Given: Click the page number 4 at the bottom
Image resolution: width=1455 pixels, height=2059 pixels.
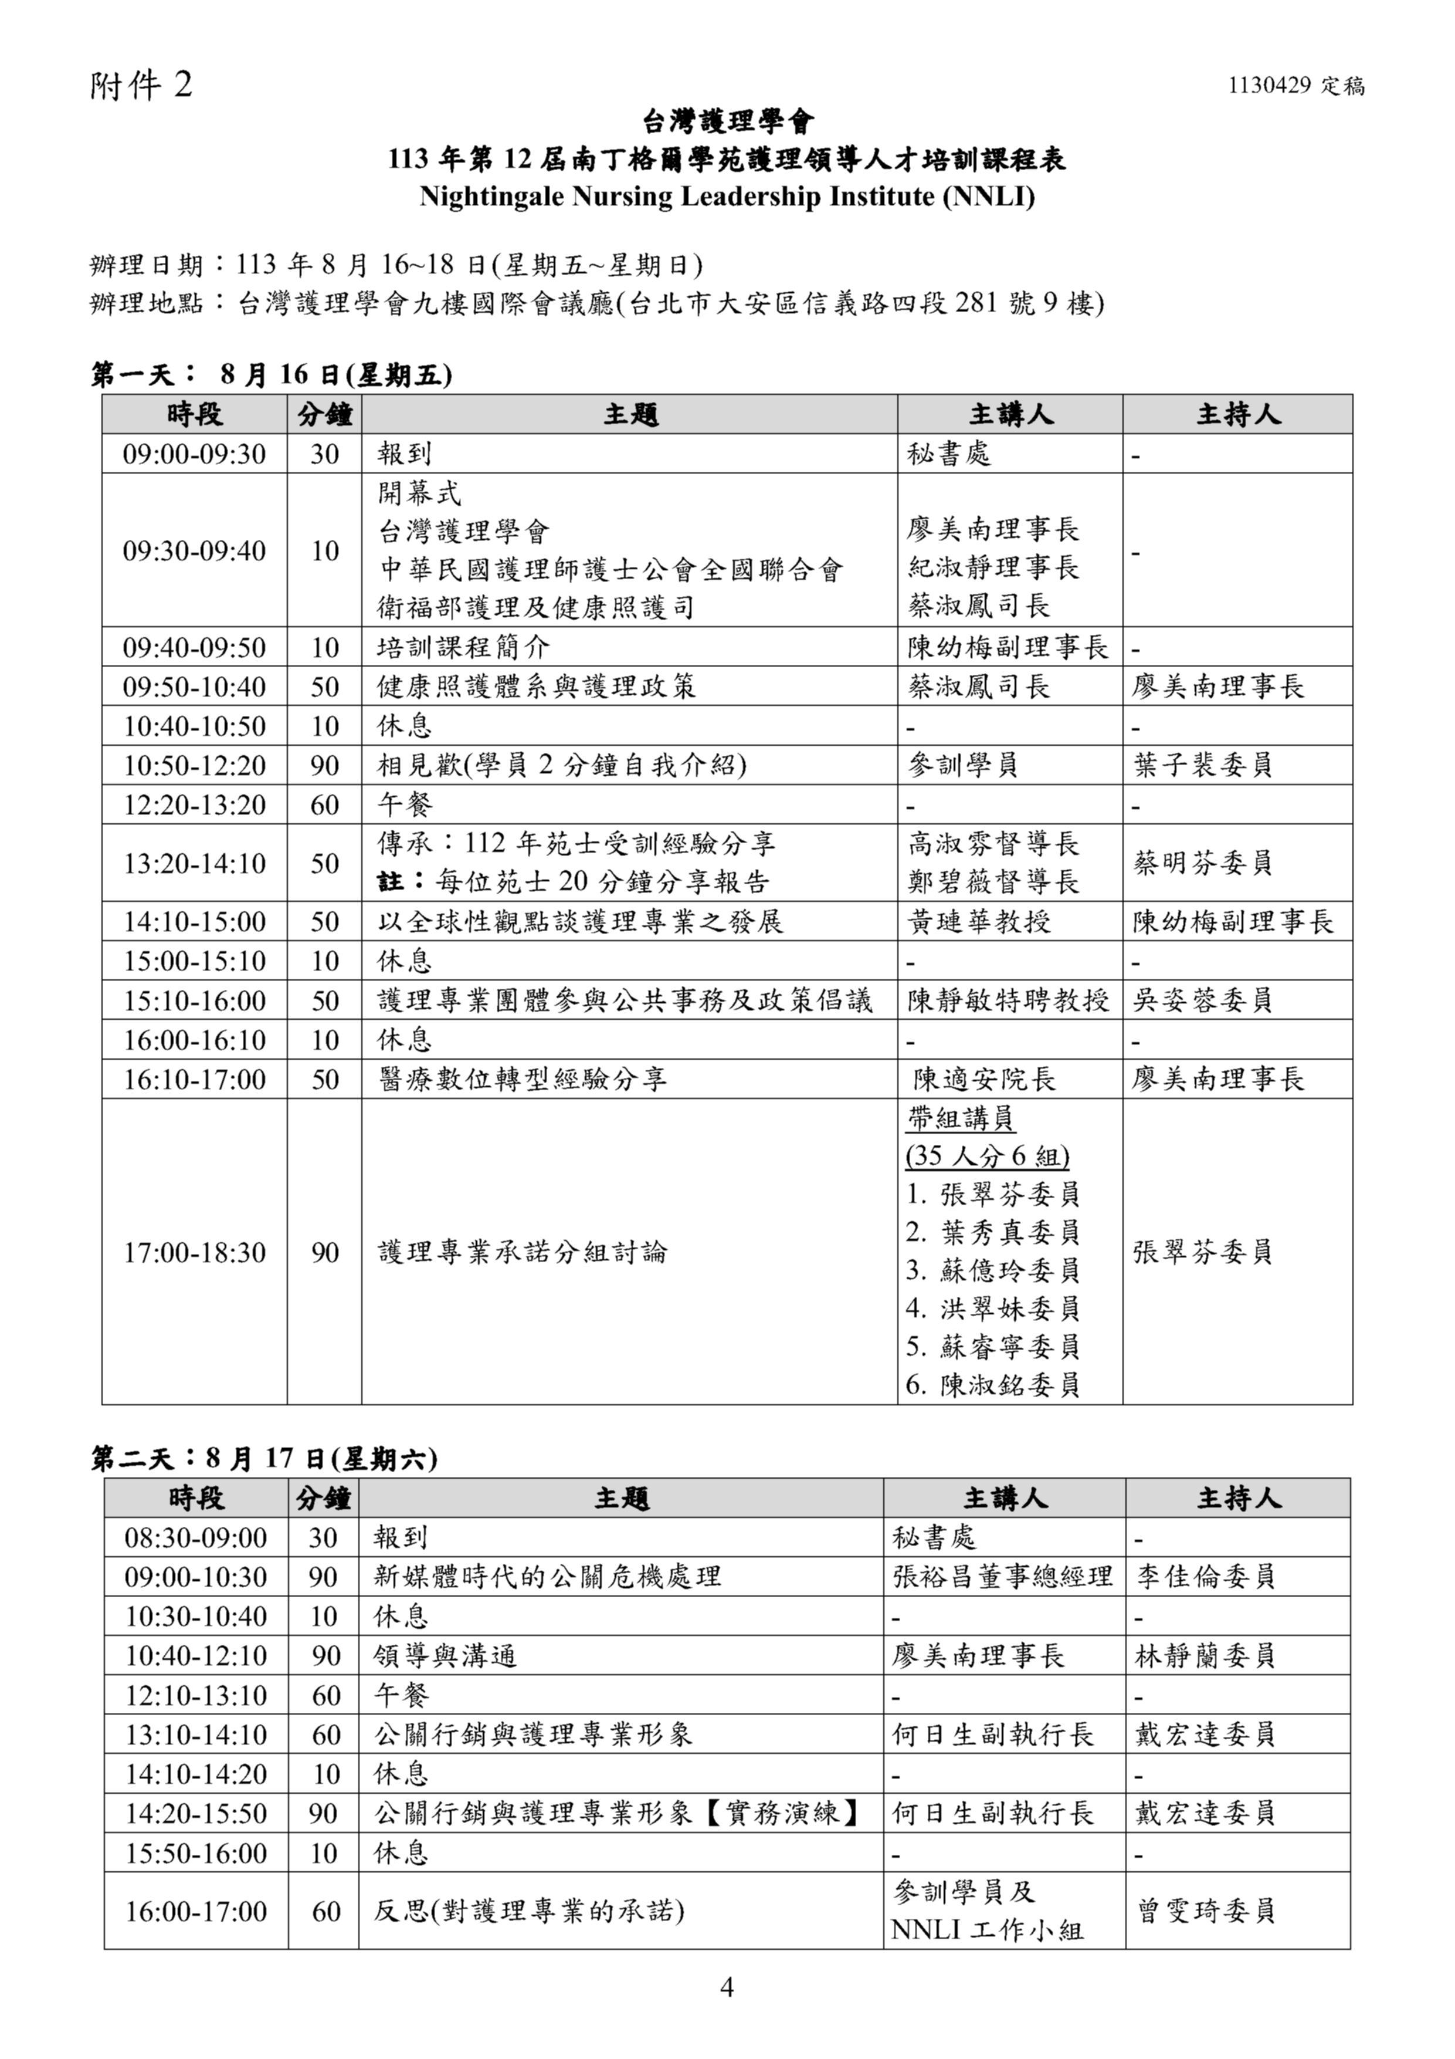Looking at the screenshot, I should [727, 1988].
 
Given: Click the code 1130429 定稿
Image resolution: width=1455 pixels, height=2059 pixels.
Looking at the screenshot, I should [1295, 86].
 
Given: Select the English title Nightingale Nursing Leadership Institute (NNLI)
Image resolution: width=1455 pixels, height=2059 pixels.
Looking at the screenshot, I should [727, 197].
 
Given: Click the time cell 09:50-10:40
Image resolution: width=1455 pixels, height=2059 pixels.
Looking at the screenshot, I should [195, 687].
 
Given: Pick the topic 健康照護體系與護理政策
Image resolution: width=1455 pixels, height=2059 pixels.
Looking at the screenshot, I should [536, 687].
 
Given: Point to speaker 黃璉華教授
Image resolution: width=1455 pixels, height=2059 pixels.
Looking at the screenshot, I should [979, 922].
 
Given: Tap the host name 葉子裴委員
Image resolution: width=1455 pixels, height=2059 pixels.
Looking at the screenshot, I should [1202, 766].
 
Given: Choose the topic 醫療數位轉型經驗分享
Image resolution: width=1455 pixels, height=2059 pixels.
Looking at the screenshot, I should [523, 1079].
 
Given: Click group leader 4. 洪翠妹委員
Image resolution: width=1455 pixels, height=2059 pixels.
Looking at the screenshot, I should [992, 1309].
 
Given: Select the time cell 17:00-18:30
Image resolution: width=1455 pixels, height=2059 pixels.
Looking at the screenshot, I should [195, 1252].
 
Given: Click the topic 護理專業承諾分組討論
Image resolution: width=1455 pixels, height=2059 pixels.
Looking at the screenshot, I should [523, 1252].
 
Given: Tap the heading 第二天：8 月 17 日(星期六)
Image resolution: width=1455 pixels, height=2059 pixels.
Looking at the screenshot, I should [264, 1459].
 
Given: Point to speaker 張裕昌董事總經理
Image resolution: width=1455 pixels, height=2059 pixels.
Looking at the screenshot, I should [1002, 1577].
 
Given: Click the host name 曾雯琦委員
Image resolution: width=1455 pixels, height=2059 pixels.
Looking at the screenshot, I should [1206, 1911].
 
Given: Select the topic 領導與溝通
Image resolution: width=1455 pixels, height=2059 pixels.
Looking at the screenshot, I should [446, 1656].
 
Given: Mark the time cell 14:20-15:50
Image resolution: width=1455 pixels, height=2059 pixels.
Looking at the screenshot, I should [196, 1814].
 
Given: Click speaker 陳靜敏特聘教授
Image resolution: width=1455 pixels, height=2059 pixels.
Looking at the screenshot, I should [1008, 1001].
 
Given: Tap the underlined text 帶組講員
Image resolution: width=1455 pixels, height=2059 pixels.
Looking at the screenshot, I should [960, 1118].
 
